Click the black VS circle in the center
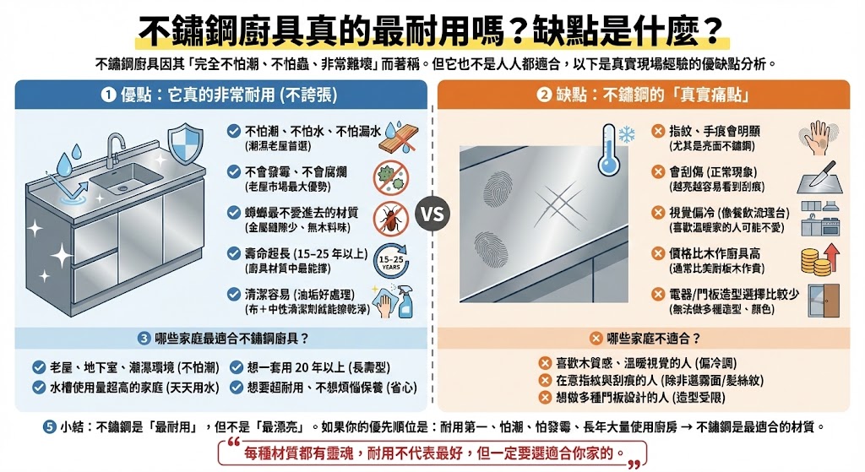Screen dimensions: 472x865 (x=432, y=214)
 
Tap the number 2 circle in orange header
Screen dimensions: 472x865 (x=544, y=95)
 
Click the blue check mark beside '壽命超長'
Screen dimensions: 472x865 (x=232, y=252)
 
